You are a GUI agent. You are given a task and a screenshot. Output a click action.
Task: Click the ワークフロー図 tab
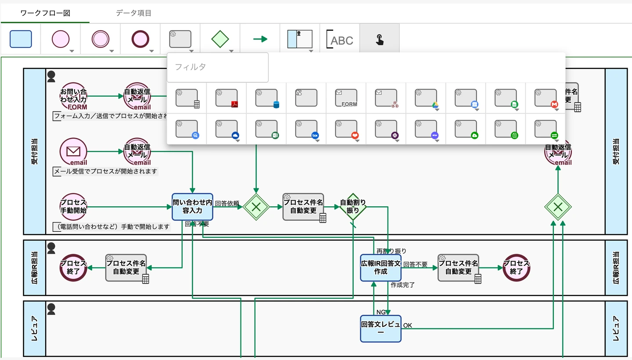(x=45, y=13)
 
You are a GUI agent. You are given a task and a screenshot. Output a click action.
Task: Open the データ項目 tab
(x=134, y=13)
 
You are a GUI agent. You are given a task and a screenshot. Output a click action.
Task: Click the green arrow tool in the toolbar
(x=260, y=39)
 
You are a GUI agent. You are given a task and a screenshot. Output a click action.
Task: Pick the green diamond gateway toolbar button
(x=220, y=39)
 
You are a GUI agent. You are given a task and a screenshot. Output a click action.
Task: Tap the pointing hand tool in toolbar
(x=380, y=40)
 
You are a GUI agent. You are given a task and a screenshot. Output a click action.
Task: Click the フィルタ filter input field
(x=218, y=67)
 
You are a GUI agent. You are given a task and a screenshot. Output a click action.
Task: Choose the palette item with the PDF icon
(x=226, y=98)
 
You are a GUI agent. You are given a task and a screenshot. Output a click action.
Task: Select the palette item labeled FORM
(x=346, y=98)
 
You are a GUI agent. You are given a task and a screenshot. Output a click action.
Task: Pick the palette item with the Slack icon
(x=386, y=129)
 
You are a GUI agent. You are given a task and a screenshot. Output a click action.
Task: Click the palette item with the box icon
(x=306, y=129)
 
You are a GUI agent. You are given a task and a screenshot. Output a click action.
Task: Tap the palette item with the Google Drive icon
(x=426, y=98)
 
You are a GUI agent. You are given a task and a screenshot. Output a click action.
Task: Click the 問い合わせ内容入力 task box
(x=192, y=207)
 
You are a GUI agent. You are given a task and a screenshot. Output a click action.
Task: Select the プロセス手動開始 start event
(x=73, y=207)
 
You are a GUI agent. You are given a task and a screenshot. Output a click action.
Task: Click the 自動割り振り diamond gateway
(x=353, y=207)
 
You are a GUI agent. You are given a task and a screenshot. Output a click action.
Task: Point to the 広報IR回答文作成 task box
(x=381, y=267)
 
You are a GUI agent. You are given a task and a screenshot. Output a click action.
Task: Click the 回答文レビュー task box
(x=381, y=328)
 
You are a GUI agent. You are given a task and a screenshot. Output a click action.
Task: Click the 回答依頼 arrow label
(x=227, y=203)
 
